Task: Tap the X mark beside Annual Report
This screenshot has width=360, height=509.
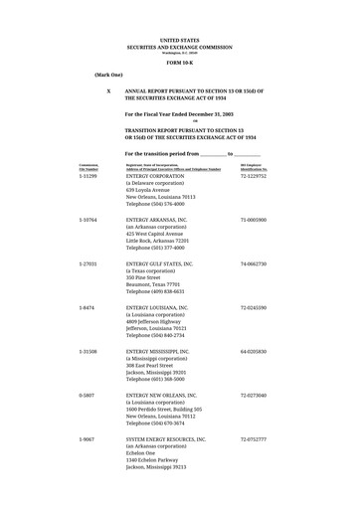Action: tap(107, 90)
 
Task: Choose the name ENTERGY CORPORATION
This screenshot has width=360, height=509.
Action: tap(162, 175)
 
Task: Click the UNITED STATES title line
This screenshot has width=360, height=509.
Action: tap(179, 41)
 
